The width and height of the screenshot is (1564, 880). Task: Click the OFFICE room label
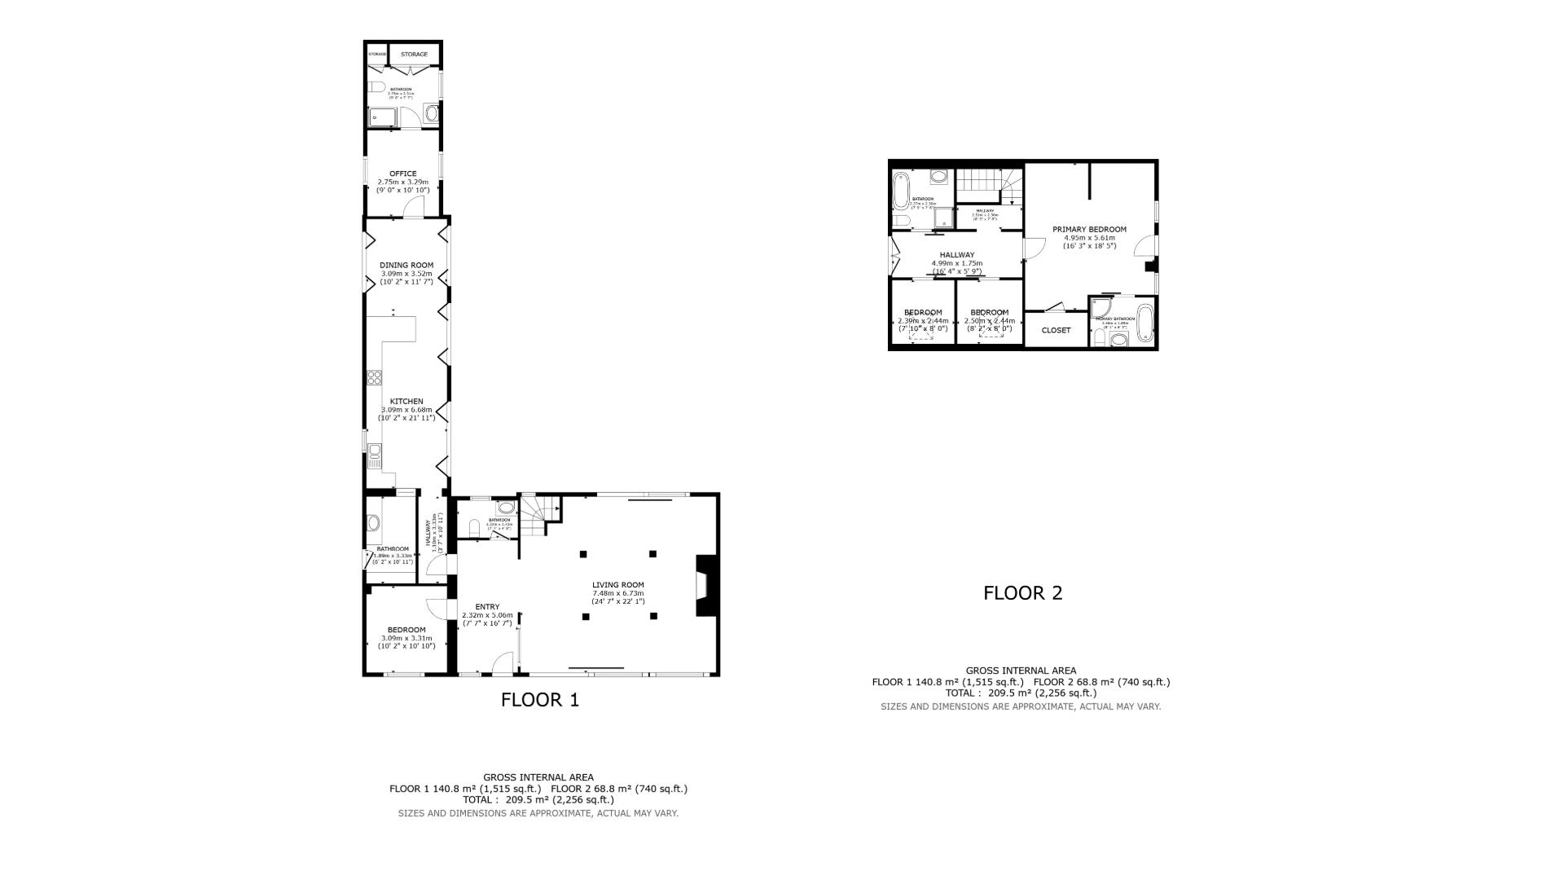[402, 174]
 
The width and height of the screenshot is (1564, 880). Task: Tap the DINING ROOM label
[406, 265]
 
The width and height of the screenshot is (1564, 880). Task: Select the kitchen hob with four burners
[375, 376]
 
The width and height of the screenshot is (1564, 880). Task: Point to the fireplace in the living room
[705, 585]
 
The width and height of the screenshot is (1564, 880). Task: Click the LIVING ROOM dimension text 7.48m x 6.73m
[617, 593]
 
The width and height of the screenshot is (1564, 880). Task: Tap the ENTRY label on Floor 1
[487, 606]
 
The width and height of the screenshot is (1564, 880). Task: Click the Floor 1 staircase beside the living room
[538, 515]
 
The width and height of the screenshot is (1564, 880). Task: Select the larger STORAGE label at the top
[414, 55]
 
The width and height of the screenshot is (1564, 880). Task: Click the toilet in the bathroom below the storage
[376, 87]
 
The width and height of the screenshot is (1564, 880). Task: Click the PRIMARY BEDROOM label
[1089, 229]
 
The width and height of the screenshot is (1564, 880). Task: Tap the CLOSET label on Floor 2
[1056, 330]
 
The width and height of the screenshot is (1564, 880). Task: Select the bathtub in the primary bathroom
[1144, 323]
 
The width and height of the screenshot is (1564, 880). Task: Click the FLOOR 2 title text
[1022, 593]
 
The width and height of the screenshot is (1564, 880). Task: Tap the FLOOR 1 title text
[539, 700]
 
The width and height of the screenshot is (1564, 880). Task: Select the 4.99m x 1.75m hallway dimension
[956, 263]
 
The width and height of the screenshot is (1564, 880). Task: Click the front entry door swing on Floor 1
[503, 663]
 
